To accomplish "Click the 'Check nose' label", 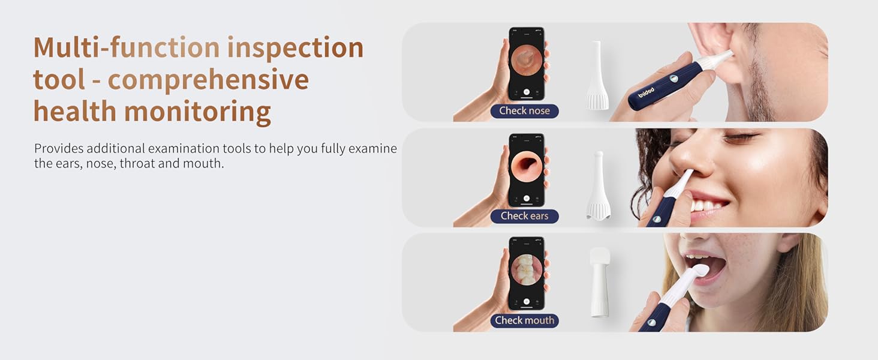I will pyautogui.click(x=524, y=111).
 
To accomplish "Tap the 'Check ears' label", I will pyautogui.click(x=524, y=216).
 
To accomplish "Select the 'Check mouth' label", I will pyautogui.click(x=524, y=320).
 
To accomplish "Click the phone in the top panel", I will pyautogui.click(x=527, y=63).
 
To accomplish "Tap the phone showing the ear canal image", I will pyautogui.click(x=527, y=169).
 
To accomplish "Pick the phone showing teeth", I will pyautogui.click(x=527, y=273).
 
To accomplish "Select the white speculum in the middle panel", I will pyautogui.click(x=598, y=186).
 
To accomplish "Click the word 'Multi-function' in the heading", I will pyautogui.click(x=127, y=48).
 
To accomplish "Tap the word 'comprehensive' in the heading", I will pyautogui.click(x=208, y=80).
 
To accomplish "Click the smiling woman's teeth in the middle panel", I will pyautogui.click(x=711, y=205).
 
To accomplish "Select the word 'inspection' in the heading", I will pyautogui.click(x=295, y=48).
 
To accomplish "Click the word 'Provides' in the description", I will pyautogui.click(x=56, y=149).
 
